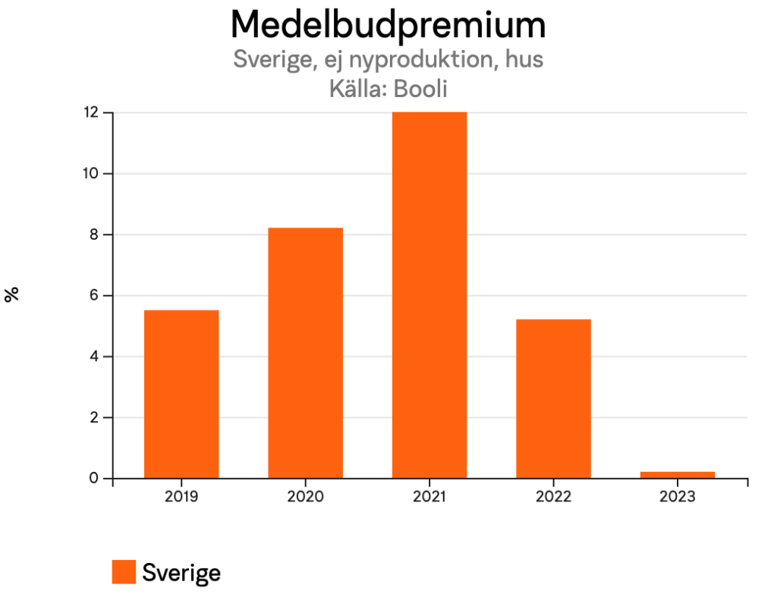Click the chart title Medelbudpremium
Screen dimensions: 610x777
coord(388,25)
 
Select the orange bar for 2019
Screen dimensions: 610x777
coord(181,394)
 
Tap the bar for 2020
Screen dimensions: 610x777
coord(305,353)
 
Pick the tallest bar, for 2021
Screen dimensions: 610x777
coord(429,295)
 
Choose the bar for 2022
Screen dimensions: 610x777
coord(553,398)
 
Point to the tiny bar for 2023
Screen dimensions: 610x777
coord(678,475)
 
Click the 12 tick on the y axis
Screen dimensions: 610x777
coord(91,112)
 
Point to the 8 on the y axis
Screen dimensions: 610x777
coord(95,234)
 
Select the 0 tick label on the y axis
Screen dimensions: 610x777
coord(95,479)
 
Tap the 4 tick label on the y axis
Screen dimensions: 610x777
coord(95,357)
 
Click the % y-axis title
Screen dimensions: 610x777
coord(12,295)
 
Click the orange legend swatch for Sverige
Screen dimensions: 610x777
coord(124,572)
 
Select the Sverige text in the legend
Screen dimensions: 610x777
coord(181,573)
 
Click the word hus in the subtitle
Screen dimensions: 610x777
coord(524,59)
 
